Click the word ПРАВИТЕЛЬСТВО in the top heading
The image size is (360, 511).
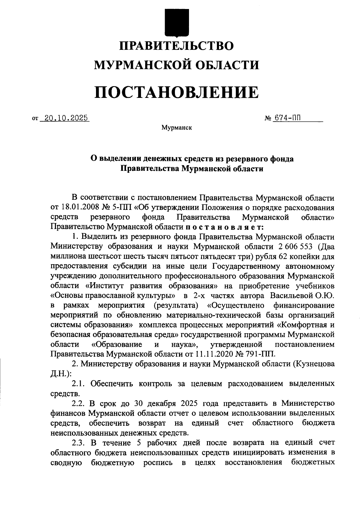click(176, 46)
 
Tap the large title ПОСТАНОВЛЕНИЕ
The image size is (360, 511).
click(176, 92)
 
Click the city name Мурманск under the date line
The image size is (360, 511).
click(176, 128)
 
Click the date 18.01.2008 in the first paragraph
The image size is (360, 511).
click(78, 208)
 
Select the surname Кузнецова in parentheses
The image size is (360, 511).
click(313, 364)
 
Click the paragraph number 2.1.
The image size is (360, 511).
click(79, 383)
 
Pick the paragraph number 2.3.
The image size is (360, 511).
click(79, 442)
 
